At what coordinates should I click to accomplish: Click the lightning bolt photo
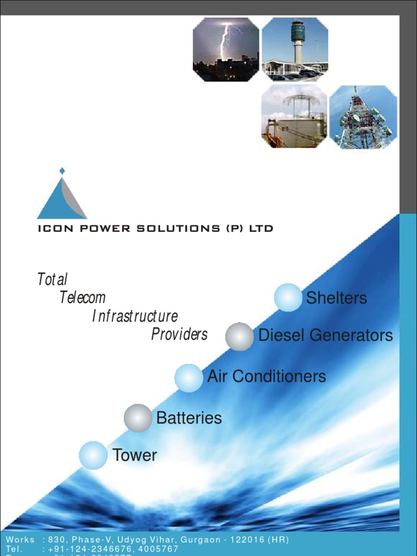226,49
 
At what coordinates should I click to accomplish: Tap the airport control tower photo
295,49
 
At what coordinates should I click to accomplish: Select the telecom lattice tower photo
363,117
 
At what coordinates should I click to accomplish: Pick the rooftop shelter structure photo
294,116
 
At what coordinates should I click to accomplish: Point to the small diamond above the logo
62,171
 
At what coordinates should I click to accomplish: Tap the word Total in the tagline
52,280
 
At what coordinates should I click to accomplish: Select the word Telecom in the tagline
83,298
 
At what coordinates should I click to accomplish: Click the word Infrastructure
135,316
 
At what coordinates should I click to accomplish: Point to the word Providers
179,334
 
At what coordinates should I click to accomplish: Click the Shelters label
337,298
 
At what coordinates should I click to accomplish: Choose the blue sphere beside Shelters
288,298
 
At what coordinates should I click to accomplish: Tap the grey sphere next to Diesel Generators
239,337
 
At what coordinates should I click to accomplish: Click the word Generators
356,335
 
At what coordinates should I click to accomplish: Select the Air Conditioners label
267,376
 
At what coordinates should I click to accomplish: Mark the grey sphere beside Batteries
138,418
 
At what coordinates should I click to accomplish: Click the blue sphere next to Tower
93,455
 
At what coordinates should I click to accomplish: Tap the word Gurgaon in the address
200,540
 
